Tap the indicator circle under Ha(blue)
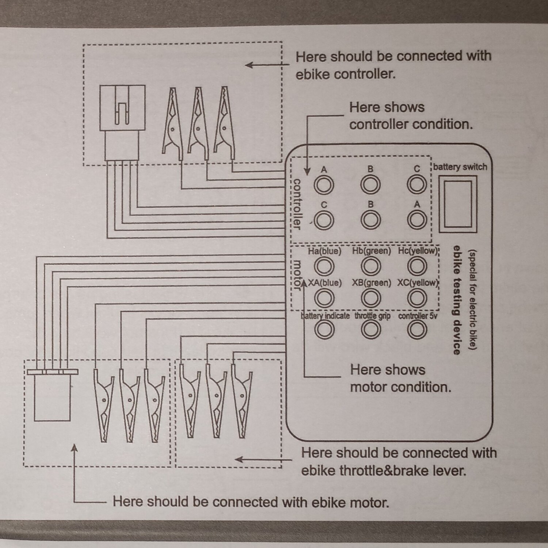(324, 266)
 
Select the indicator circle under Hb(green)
(370, 266)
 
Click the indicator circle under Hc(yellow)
(417, 266)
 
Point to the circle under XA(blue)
(324, 298)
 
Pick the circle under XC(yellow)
(417, 298)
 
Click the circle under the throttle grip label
(370, 329)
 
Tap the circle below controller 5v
(417, 329)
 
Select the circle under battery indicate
(324, 329)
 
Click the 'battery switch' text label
(460, 167)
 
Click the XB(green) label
(371, 283)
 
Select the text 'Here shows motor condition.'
(400, 378)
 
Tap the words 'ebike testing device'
(456, 300)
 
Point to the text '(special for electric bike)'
(473, 300)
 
